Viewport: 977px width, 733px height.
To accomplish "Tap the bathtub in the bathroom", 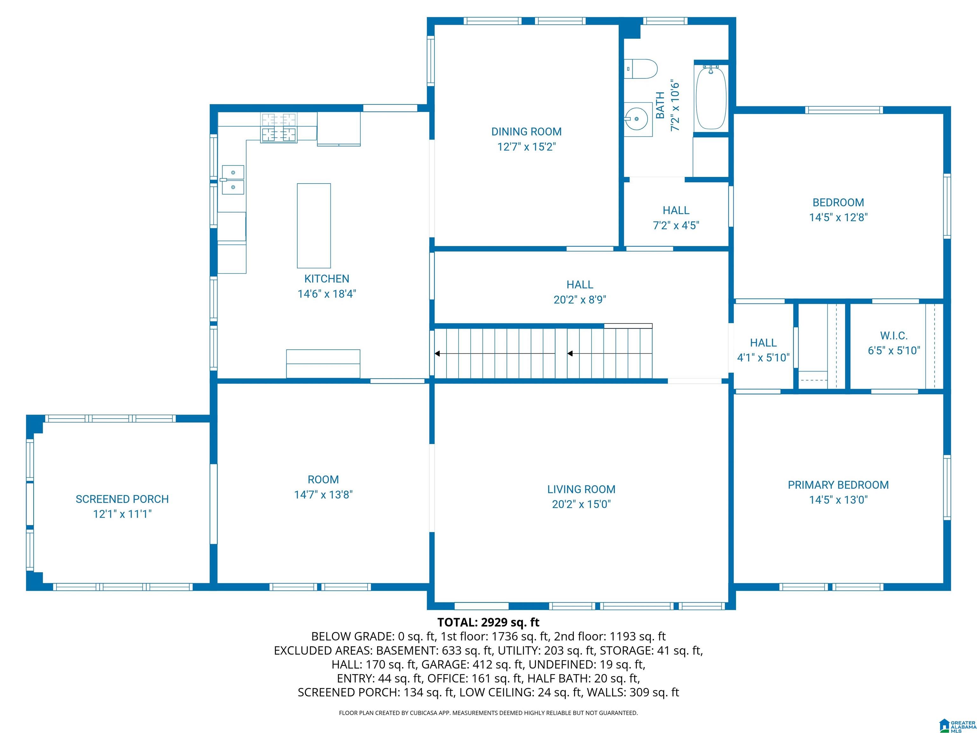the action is (x=711, y=97).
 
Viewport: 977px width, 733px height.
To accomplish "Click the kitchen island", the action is (x=314, y=226).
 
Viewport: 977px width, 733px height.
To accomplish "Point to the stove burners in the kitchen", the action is (x=279, y=128).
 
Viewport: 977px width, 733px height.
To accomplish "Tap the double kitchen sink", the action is (x=232, y=180).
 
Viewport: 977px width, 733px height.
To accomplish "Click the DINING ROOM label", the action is (x=526, y=132).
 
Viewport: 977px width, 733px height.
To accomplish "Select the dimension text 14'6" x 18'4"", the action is (x=327, y=294).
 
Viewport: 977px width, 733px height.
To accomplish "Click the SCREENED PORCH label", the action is (x=122, y=499).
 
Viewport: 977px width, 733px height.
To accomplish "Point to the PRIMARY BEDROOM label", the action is (x=838, y=485).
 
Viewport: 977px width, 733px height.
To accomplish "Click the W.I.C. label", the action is (x=894, y=336).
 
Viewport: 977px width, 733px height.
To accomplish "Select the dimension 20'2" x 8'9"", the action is (x=580, y=300).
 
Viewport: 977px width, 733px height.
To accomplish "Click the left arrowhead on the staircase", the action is (x=437, y=353).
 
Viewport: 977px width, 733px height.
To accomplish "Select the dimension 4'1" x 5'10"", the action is (x=763, y=358).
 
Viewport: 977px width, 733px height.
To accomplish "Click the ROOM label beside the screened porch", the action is (x=323, y=479).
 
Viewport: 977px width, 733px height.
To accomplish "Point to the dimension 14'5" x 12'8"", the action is (x=838, y=217).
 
